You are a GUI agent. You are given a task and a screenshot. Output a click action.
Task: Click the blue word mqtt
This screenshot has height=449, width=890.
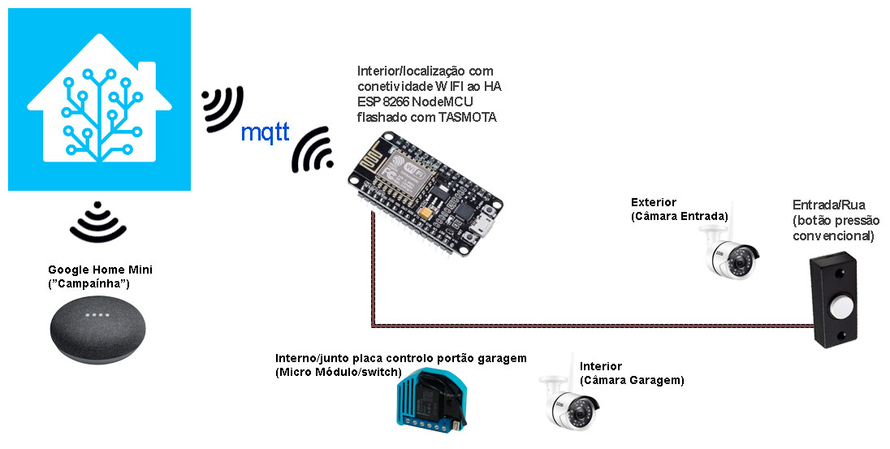coord(266,132)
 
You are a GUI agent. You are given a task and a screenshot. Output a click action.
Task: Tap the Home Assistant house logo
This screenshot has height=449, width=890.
coord(99,100)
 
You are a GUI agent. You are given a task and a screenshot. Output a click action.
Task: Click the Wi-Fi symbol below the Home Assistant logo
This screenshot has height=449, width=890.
coord(98,221)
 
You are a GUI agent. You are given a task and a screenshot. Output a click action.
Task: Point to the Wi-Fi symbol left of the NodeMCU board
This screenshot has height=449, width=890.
coord(313,151)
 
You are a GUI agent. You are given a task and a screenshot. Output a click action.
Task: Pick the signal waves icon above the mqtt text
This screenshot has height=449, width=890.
coord(222,108)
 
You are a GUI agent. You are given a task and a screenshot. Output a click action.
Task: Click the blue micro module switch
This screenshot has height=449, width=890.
coord(430,399)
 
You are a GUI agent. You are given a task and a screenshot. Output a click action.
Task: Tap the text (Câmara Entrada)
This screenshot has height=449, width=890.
coord(679,216)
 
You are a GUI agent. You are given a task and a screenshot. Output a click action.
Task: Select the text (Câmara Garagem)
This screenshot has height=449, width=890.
coord(632,380)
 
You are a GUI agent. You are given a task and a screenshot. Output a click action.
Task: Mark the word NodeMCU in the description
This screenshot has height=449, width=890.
coord(447,102)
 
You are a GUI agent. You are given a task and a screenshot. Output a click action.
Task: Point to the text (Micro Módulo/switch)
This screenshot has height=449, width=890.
coord(339,372)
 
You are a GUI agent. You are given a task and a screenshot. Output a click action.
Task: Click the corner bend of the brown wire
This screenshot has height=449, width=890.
coord(373,326)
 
